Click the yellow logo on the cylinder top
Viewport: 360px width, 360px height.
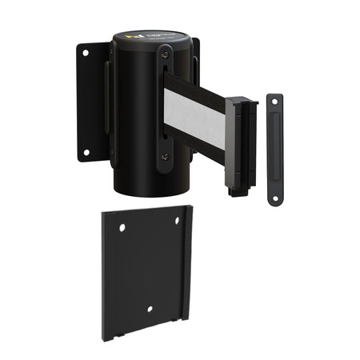(x=134, y=38)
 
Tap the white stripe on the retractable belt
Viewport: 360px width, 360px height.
(x=195, y=116)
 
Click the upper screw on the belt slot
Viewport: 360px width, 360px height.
(x=164, y=54)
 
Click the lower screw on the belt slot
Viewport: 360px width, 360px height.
(x=164, y=157)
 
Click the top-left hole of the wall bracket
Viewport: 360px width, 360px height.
(x=85, y=53)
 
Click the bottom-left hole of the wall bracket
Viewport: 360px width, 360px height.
(x=85, y=151)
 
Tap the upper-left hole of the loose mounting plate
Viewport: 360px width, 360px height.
(x=122, y=228)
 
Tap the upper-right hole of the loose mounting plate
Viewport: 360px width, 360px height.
(x=178, y=222)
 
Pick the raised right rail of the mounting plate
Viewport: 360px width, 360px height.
(x=187, y=264)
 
